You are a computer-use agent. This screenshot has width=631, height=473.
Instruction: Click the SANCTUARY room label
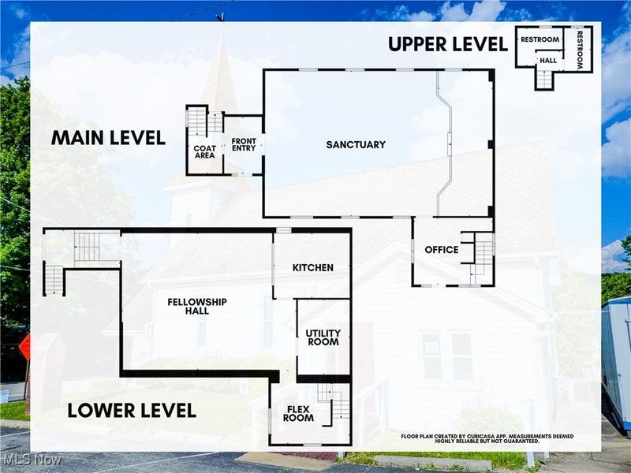point(356,144)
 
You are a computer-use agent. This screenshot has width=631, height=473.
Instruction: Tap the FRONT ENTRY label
point(244,145)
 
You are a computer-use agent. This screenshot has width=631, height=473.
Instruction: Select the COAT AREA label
point(204,153)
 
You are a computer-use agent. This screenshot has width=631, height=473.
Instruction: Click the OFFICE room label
point(441,250)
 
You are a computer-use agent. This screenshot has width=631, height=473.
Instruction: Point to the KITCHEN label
point(312,268)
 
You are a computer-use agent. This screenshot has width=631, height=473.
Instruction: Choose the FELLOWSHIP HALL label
point(196,307)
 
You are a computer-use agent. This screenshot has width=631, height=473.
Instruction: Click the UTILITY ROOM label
point(323,337)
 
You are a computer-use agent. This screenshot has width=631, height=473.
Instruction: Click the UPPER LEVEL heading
point(447,44)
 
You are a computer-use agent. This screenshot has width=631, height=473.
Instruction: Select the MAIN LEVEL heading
point(108,138)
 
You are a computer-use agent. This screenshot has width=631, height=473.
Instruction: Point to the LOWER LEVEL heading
point(131,411)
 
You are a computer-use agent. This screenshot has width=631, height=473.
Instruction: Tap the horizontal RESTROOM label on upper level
point(540,39)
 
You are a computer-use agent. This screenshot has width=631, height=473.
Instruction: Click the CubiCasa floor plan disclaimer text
point(487,438)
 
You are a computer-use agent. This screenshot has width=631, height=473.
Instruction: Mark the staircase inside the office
point(480,256)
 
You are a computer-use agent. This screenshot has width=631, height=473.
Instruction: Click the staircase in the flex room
point(338,402)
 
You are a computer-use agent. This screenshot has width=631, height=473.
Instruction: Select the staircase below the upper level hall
point(545,79)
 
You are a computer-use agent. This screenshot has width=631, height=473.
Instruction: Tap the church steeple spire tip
point(223,17)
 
